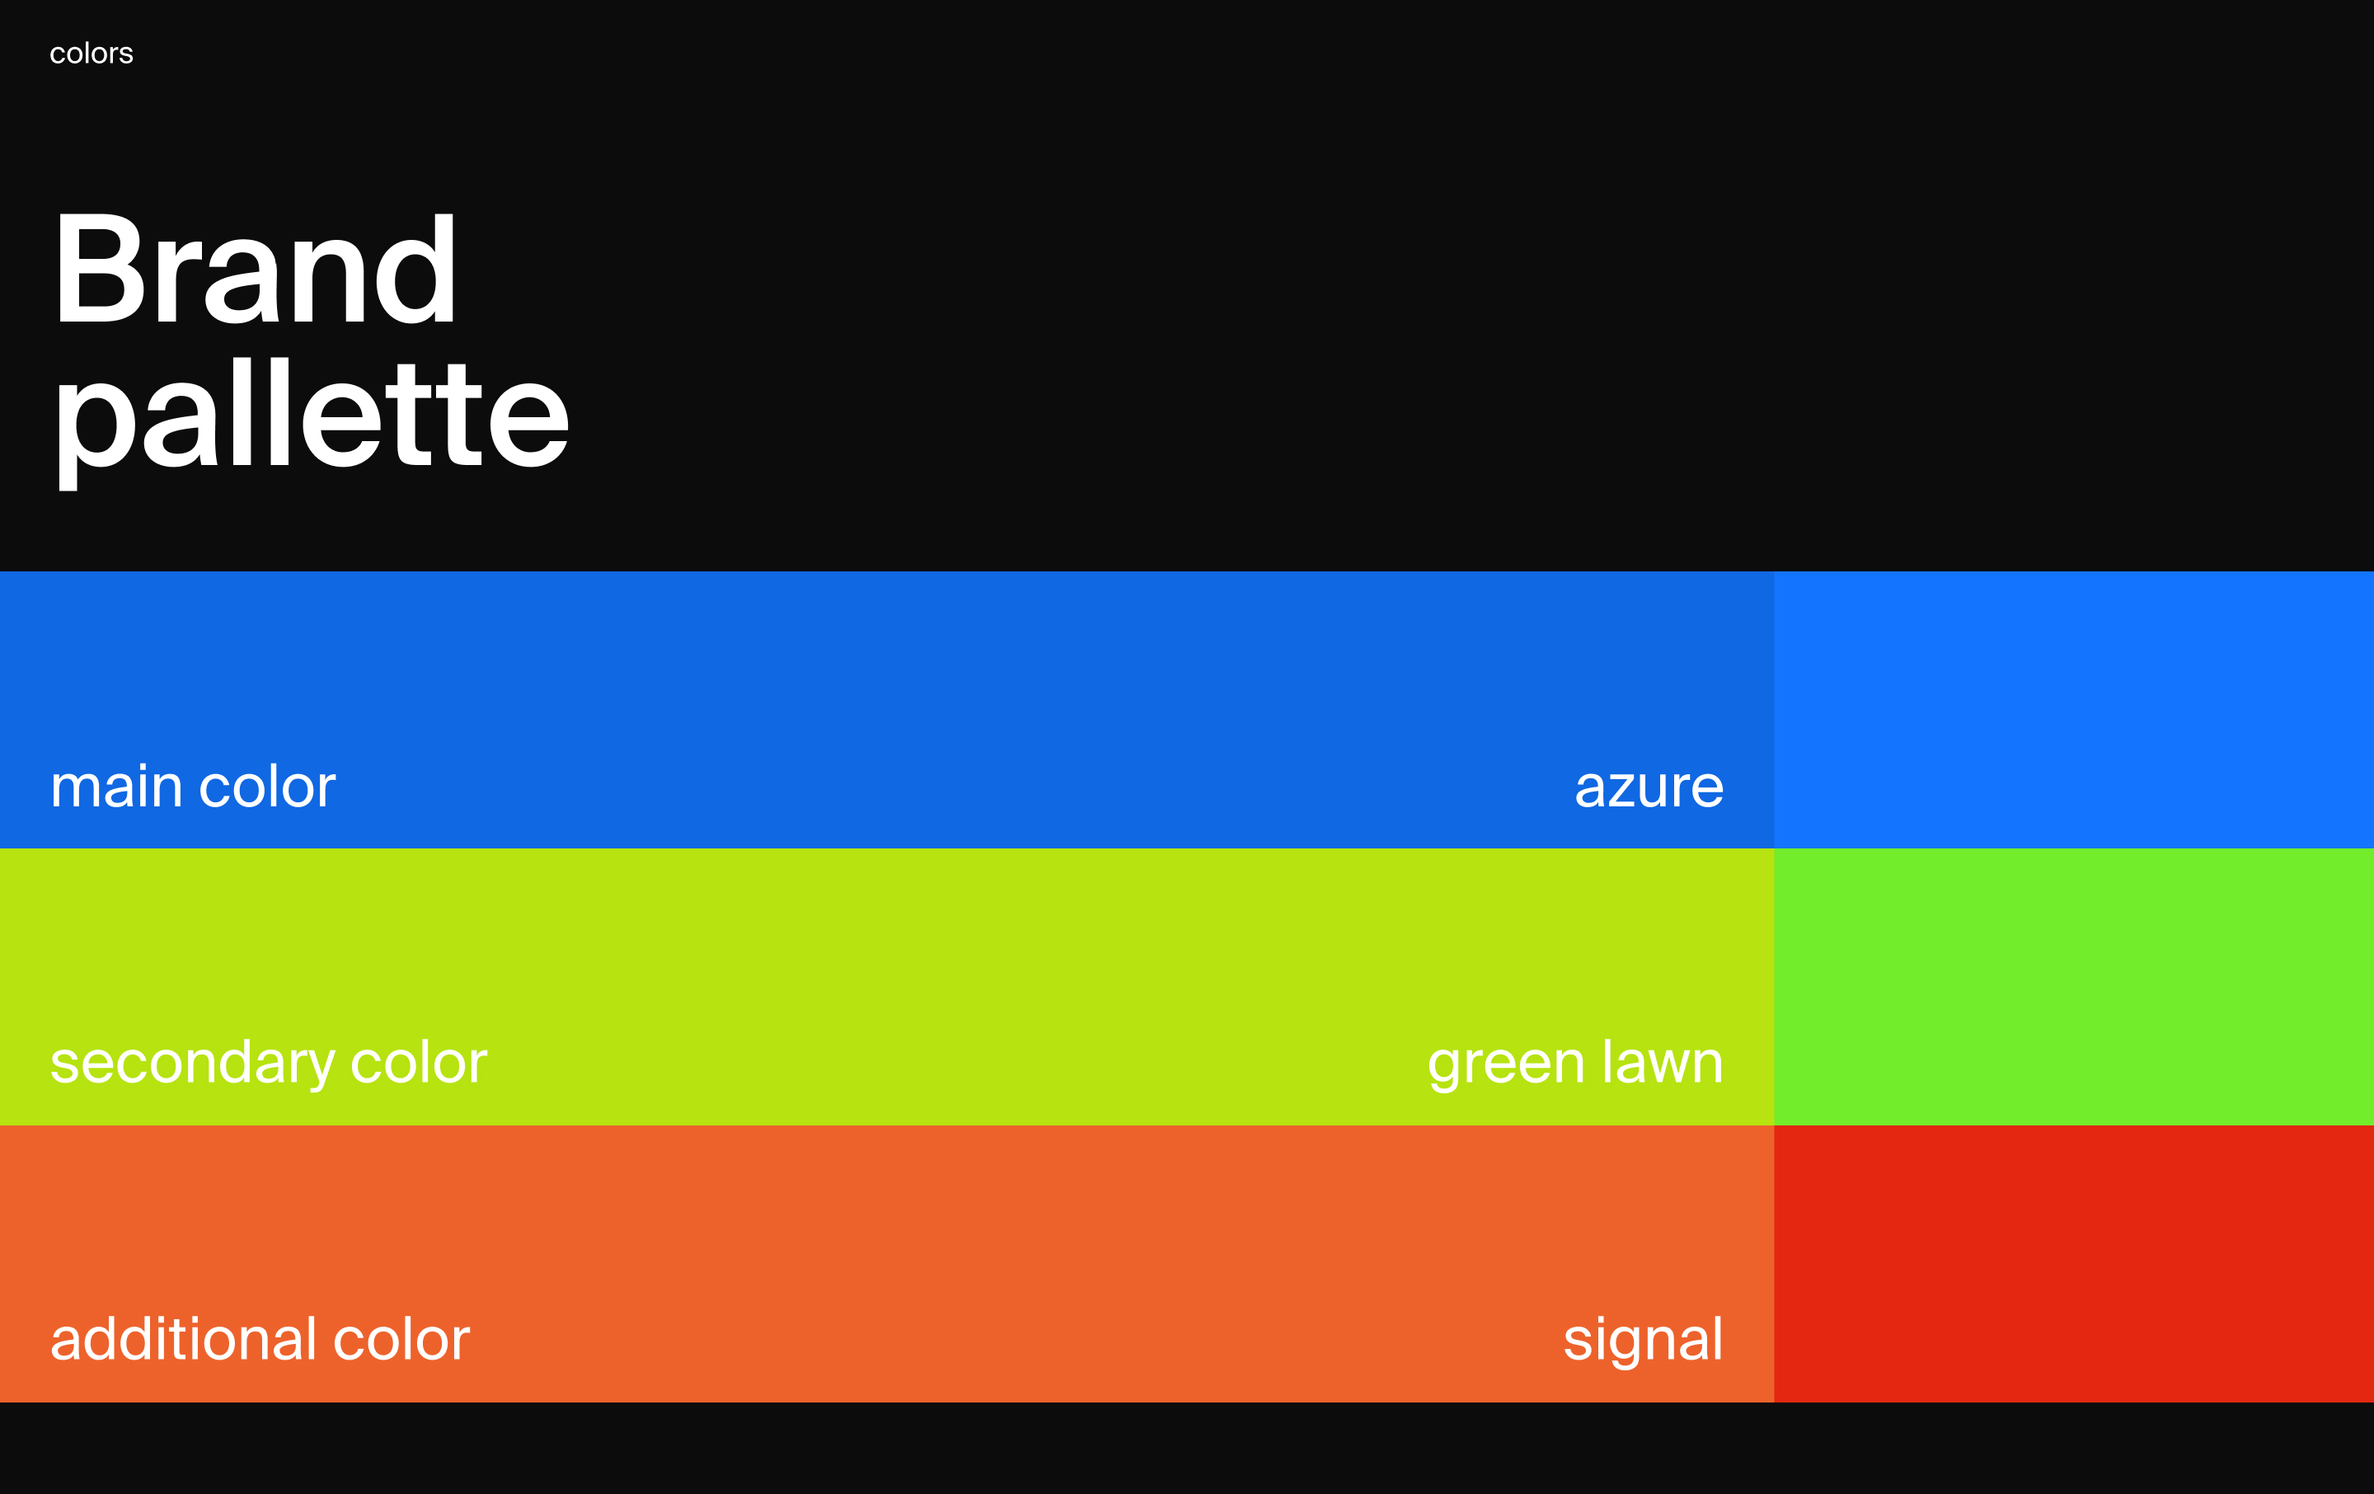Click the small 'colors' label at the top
(x=91, y=54)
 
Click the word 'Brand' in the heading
(x=256, y=268)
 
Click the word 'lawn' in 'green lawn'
(x=1662, y=1062)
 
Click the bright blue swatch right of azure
(x=2073, y=709)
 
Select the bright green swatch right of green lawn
(x=2073, y=986)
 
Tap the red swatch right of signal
(x=2073, y=1263)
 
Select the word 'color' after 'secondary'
(x=419, y=1062)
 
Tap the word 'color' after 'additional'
(x=401, y=1339)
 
